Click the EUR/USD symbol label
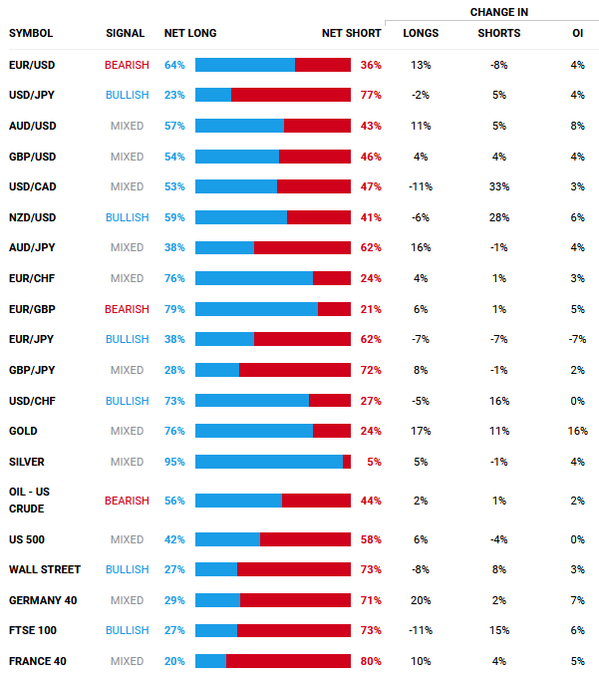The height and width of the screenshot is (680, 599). (x=31, y=65)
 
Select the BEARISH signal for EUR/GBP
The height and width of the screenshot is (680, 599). (x=127, y=309)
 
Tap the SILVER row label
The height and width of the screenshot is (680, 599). (x=27, y=462)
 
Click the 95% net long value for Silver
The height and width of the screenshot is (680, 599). (x=174, y=462)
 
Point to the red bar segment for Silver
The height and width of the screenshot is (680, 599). (x=347, y=462)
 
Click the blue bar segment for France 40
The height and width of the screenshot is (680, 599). (x=210, y=661)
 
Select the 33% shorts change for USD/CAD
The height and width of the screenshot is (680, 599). (x=498, y=186)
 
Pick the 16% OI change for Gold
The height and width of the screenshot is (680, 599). (x=578, y=431)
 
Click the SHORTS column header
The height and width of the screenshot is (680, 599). (x=498, y=33)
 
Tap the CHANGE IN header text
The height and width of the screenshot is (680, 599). (x=499, y=12)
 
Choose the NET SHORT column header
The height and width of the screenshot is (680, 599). (x=351, y=33)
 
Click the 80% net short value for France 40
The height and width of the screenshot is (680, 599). (x=371, y=661)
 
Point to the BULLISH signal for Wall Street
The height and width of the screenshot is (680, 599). (x=127, y=569)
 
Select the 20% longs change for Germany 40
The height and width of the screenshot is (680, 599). (x=421, y=600)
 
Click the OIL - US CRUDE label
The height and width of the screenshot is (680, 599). (x=31, y=500)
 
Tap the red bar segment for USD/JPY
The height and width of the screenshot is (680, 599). (x=291, y=95)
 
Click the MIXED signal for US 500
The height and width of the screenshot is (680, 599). (x=127, y=539)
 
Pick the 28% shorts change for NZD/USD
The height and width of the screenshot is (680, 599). (x=498, y=217)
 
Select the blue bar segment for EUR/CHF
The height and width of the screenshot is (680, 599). (x=253, y=278)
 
